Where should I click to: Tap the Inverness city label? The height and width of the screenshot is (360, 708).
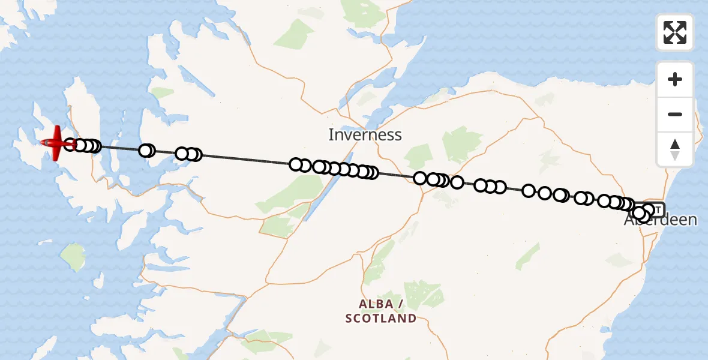(x=365, y=134)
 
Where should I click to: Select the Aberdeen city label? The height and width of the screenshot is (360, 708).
(x=661, y=220)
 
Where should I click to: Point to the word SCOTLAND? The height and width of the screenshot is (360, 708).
(x=381, y=318)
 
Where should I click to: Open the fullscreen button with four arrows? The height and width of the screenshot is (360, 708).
(x=675, y=32)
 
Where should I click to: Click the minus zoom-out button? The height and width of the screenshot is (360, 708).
(x=675, y=114)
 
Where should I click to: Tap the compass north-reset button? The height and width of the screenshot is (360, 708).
(x=675, y=149)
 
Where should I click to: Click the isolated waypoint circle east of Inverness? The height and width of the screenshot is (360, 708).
(x=457, y=182)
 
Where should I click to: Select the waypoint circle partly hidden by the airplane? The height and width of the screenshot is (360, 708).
(x=70, y=145)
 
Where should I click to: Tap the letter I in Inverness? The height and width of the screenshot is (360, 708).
(x=331, y=134)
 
